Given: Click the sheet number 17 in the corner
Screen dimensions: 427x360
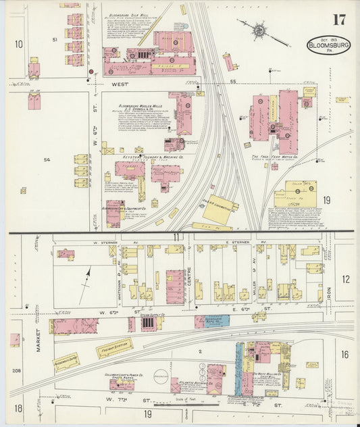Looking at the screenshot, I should (338, 18).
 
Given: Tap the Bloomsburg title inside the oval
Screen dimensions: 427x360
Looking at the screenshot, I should (328, 45).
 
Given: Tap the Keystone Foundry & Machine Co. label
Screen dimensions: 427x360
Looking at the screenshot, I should (153, 157).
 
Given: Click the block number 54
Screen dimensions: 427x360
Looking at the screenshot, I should (47, 159).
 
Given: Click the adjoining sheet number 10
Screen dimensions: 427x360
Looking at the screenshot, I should (18, 44).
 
